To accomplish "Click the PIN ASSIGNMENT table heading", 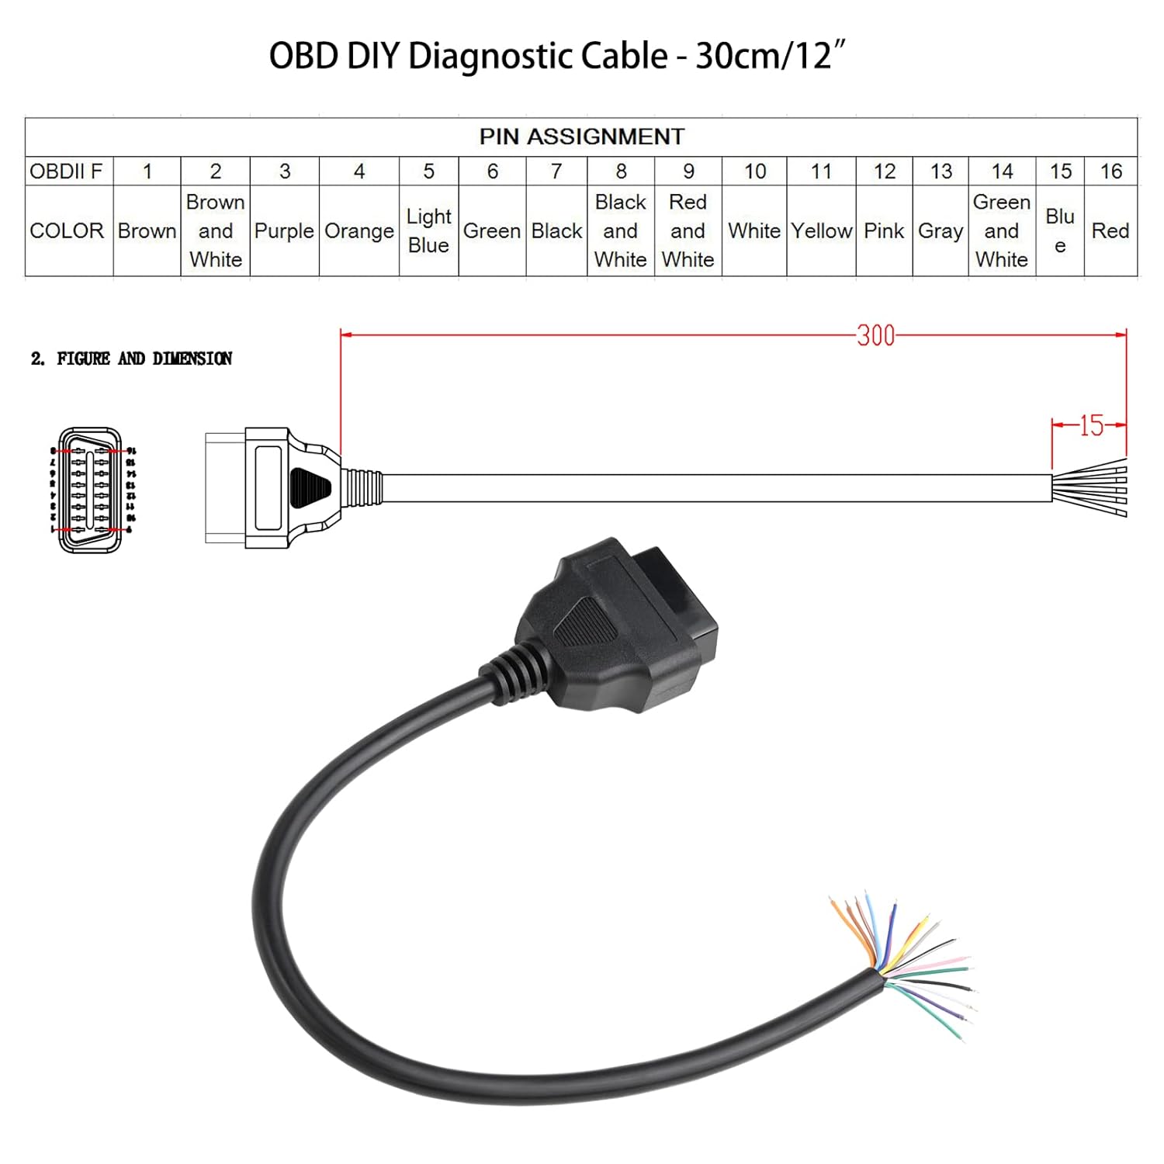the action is pos(581,137).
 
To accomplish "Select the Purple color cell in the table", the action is pos(284,231).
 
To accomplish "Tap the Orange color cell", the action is pos(359,231).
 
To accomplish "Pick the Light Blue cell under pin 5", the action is pos(428,231).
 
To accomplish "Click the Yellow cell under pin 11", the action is pos(821,231).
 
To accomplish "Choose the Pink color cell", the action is pos(884,231).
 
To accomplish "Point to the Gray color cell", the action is pos(941,231).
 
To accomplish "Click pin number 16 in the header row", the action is pos(1110,171).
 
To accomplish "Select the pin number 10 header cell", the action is pos(754,171).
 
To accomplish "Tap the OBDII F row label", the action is pos(67,171).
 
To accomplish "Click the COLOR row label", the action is pos(67,231).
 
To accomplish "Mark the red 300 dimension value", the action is pos(875,336).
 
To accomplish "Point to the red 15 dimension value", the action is pos(1091,425).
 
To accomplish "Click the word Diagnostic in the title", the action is pos(538,57).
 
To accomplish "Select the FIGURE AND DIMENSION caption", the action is pos(132,359).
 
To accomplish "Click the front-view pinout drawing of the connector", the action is pos(91,490).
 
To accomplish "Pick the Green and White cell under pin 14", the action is pos(1001,231).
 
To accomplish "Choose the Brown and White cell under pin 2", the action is pos(215,231).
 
